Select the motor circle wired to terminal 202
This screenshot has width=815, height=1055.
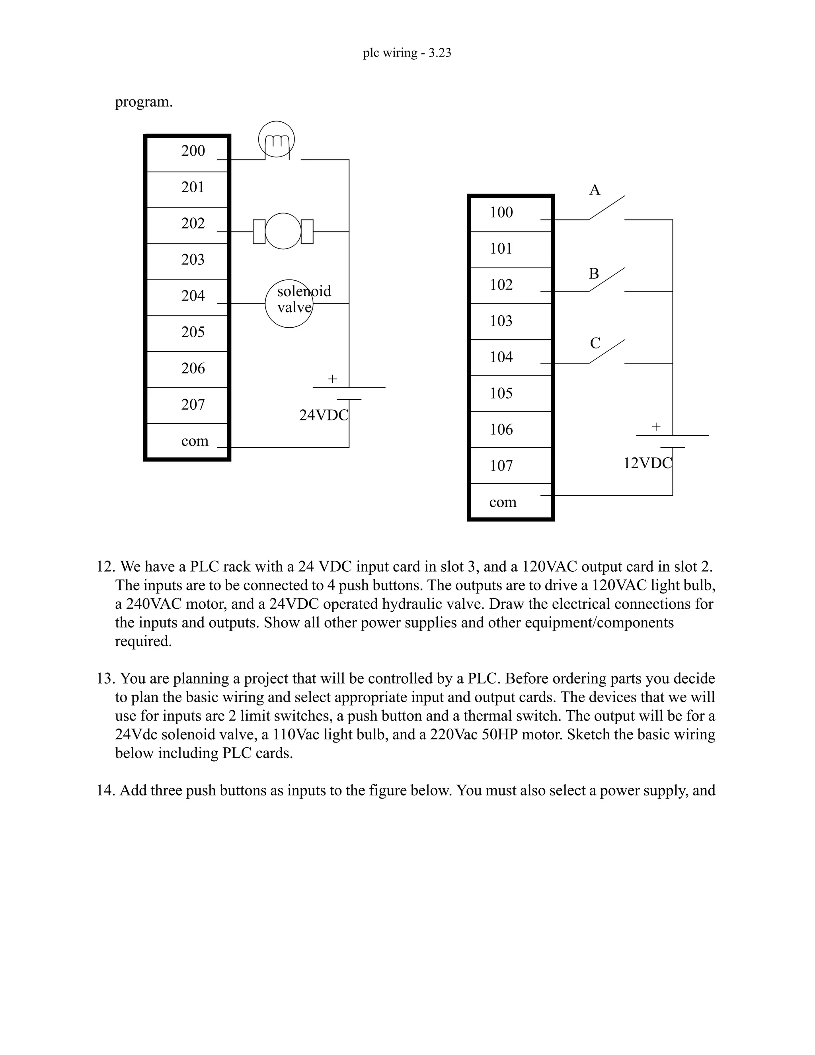(283, 231)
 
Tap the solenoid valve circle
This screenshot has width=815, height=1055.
(289, 303)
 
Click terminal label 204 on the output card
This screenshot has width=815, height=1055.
(193, 296)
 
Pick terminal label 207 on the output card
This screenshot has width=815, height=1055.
(193, 404)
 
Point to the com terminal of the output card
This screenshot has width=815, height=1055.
(195, 441)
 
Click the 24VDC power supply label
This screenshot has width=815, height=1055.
(324, 415)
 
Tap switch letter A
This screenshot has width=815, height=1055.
(595, 190)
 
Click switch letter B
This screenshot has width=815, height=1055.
(594, 274)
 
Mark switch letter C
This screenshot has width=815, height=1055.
(595, 343)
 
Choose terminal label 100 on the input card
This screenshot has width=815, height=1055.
(501, 212)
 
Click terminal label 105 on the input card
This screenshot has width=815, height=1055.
(501, 393)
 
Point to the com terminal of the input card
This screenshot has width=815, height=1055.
(503, 502)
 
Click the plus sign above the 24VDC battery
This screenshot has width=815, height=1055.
(332, 379)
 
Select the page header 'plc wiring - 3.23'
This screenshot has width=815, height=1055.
(407, 53)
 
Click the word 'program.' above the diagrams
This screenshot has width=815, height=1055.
(143, 102)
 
